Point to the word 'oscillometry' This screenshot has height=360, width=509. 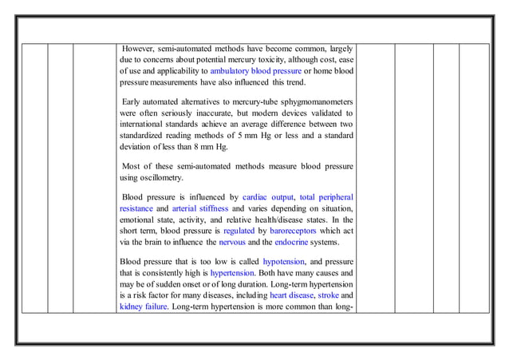[x=158, y=177]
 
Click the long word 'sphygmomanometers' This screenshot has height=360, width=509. [x=308, y=102]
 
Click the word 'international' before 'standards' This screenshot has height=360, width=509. [x=144, y=125]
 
